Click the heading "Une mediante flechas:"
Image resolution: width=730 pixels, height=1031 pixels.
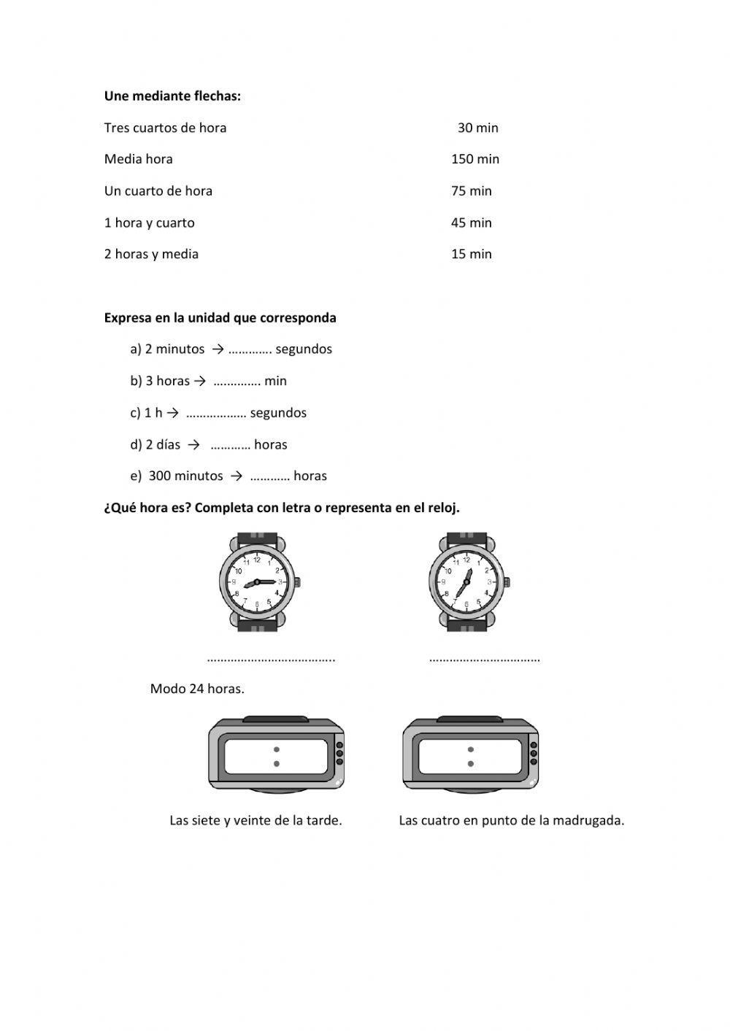(x=172, y=96)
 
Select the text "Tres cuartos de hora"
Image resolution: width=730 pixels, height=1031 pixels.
(x=165, y=128)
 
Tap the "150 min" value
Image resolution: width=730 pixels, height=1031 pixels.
(x=475, y=159)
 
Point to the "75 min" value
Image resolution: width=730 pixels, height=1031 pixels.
(x=472, y=191)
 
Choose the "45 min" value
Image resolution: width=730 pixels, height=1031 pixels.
(x=472, y=223)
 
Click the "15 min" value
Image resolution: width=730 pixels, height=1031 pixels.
(x=472, y=255)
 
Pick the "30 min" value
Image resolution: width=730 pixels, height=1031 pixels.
(x=478, y=128)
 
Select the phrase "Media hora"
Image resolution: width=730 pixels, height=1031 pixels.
(x=139, y=159)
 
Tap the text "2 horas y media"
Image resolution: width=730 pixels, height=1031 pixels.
(x=151, y=255)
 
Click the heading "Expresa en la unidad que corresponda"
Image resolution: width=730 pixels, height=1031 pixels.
(x=220, y=318)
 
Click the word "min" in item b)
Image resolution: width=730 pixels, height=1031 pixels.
(x=276, y=381)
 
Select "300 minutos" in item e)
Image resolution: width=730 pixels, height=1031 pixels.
(x=185, y=476)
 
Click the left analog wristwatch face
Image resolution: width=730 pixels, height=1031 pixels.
(x=255, y=582)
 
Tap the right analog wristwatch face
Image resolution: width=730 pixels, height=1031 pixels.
(x=464, y=582)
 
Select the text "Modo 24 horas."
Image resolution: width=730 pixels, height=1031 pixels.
(x=197, y=689)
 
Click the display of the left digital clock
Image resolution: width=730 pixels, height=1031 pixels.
(x=275, y=757)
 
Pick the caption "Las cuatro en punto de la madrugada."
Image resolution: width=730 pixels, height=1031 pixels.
(x=511, y=821)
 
